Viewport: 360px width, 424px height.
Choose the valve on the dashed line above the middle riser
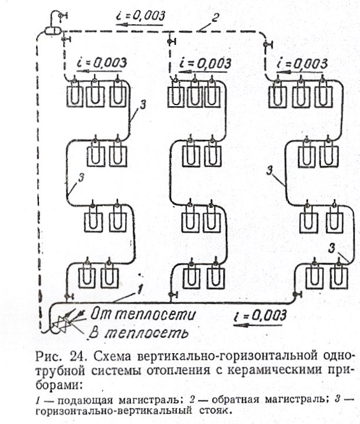click(x=171, y=40)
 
